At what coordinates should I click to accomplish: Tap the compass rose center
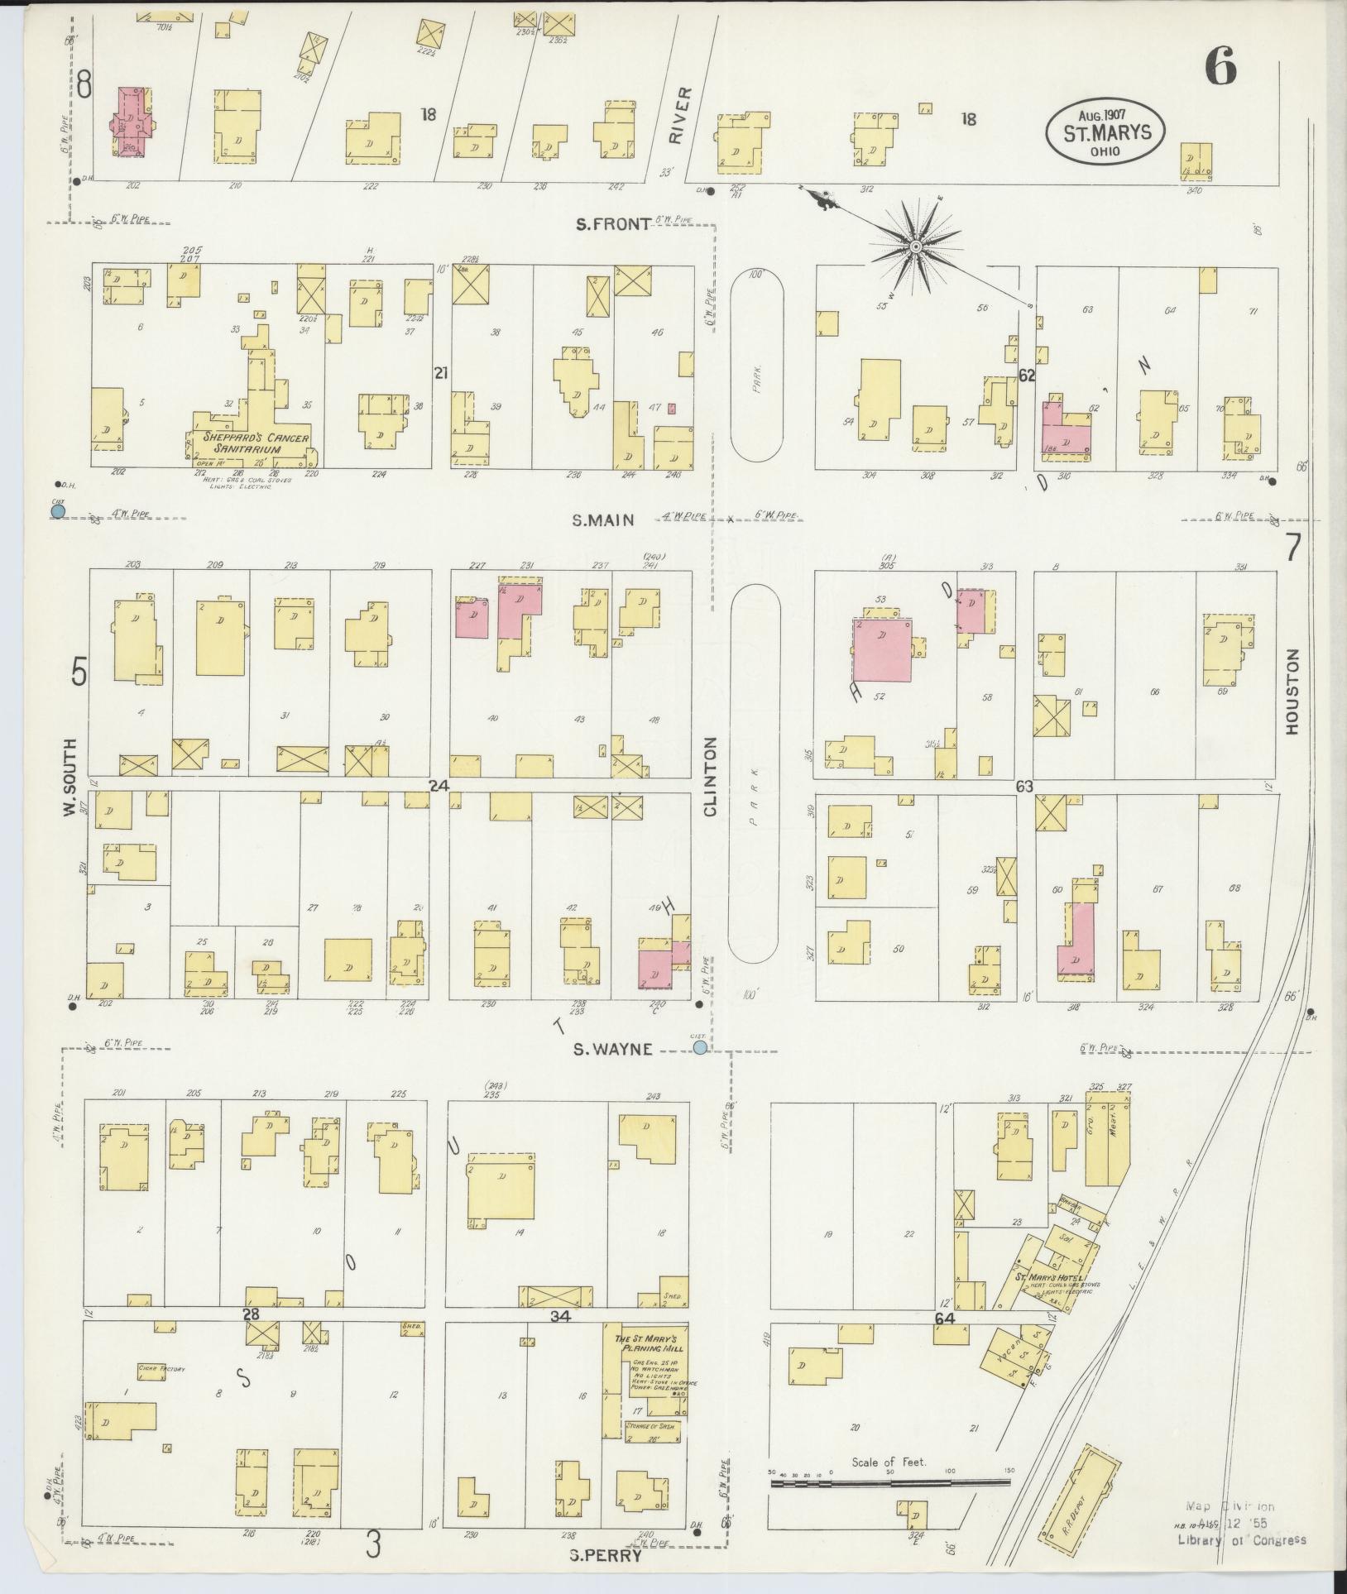916,247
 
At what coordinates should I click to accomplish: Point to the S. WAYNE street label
614,1049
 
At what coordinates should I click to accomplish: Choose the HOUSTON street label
1292,691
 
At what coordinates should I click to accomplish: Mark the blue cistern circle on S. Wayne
700,1048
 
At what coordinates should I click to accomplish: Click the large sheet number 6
1220,65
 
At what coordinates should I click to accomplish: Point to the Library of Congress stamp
1242,1539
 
